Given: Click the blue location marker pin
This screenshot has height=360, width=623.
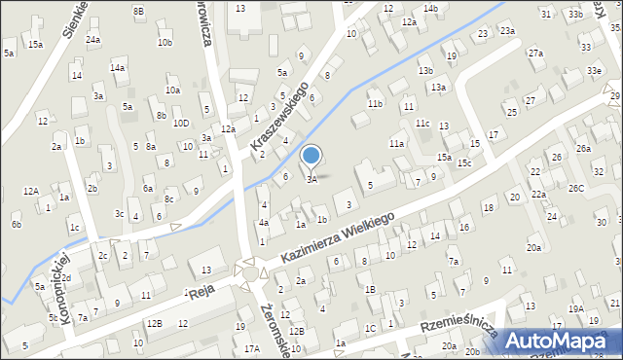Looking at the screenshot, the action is [x=311, y=156].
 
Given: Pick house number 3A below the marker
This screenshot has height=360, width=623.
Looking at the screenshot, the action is [x=311, y=179].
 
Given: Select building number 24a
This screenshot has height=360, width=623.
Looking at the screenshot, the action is [x=92, y=40].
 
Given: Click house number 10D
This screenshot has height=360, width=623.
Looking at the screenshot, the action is [x=181, y=124].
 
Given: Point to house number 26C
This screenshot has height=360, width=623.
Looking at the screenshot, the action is [x=577, y=188].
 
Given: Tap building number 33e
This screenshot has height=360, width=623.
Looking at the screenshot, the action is [x=594, y=71].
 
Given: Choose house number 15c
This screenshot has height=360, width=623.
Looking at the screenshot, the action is [x=465, y=162].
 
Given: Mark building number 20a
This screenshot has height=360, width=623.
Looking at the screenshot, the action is [x=534, y=248].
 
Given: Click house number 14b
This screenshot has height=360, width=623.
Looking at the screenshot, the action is [x=430, y=9].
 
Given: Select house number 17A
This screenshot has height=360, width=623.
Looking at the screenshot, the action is [x=252, y=348].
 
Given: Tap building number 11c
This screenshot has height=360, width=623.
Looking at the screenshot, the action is [x=422, y=124].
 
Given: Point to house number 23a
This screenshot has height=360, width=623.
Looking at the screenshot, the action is [x=507, y=31].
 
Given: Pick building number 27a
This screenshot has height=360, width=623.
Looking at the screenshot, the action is [x=535, y=53].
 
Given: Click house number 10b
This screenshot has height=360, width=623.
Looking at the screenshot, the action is [x=165, y=43].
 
